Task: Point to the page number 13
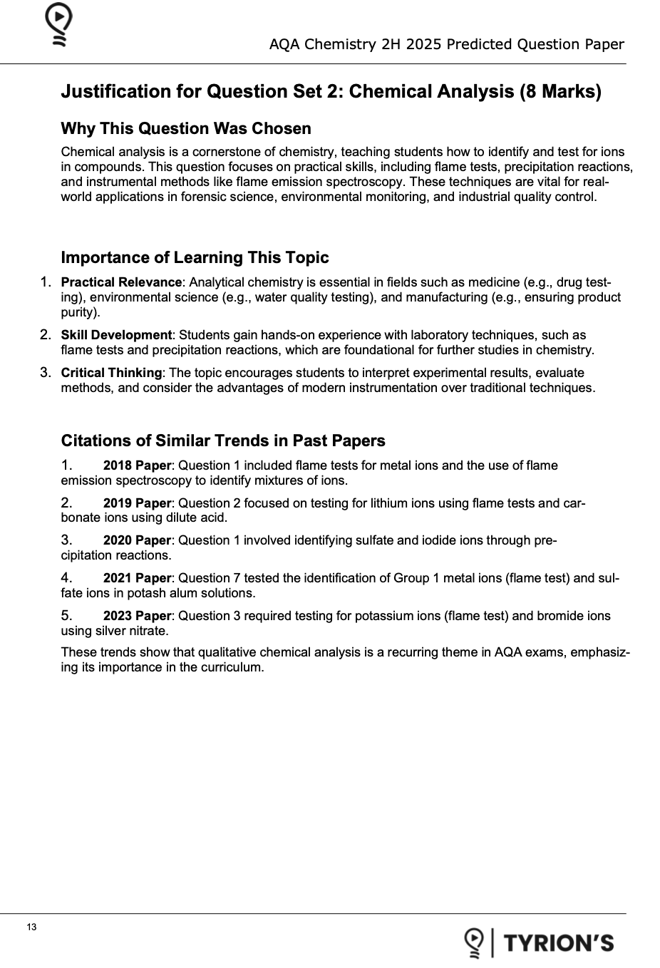31,927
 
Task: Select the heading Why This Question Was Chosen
186,128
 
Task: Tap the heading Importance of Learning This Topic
195,257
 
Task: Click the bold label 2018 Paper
137,465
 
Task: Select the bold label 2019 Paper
137,503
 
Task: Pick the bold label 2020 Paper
137,540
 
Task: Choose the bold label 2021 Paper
137,578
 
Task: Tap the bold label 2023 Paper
137,616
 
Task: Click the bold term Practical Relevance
121,282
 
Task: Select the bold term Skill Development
116,335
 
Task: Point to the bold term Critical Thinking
111,373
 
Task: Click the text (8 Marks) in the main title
561,91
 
